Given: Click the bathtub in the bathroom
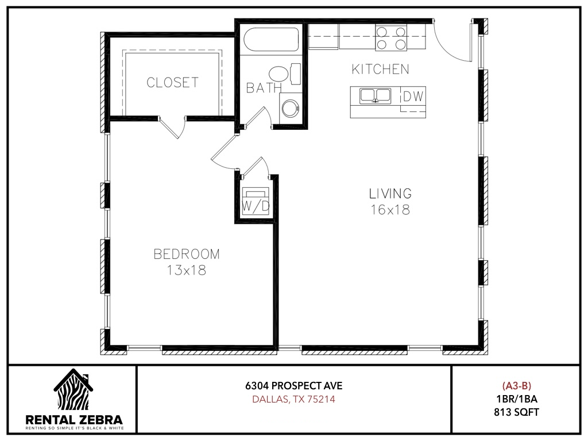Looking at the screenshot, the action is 271,39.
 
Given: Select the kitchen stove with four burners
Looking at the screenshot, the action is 391,37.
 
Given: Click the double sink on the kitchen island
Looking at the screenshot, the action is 375,96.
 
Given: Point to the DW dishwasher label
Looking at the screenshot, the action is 413,96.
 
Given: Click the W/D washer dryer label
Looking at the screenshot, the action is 256,206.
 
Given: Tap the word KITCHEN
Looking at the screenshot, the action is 380,69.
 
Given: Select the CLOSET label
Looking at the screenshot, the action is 172,83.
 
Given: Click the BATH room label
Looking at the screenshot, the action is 264,88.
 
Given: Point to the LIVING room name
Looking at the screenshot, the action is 390,194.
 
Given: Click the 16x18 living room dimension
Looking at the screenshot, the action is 390,210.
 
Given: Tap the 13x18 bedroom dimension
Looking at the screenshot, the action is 187,270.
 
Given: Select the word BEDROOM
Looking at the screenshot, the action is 187,254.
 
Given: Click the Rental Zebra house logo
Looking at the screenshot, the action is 73,389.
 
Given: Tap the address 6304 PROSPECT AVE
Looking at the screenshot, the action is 294,386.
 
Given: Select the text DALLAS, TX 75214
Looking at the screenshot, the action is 293,400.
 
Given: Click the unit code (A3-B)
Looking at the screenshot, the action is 516,385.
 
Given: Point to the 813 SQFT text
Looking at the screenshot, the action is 516,412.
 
